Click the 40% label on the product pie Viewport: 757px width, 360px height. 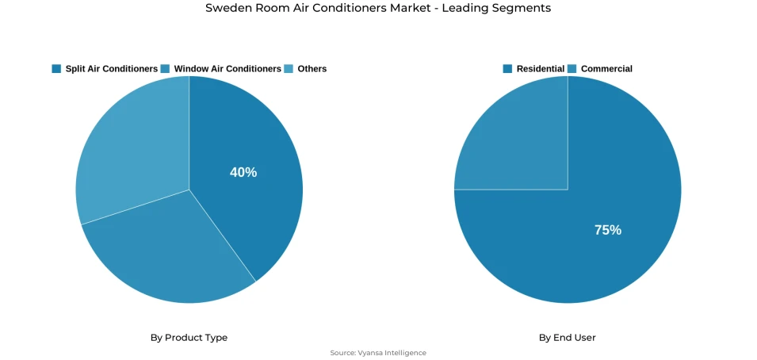pos(243,172)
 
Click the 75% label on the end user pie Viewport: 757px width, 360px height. pos(608,230)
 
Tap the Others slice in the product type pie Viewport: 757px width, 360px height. pos(127,151)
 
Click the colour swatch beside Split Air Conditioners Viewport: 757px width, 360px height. pos(56,69)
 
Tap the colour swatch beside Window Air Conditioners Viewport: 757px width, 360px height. pos(165,69)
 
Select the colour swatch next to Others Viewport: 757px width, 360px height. pos(289,69)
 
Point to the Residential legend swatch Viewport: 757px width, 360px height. pos(507,69)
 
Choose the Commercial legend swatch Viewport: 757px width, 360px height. pos(572,69)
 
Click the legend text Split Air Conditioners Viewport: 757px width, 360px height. pos(111,69)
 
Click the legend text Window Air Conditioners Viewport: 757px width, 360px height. pos(227,69)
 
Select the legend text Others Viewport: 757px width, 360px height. pos(312,69)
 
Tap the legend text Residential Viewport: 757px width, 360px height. pos(541,69)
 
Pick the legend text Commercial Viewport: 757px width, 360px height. pos(606,69)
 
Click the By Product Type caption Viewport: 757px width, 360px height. pos(189,338)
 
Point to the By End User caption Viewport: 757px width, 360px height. pos(568,338)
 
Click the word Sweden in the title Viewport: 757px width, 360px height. pos(225,8)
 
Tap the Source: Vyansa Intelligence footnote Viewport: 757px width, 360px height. pos(378,353)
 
